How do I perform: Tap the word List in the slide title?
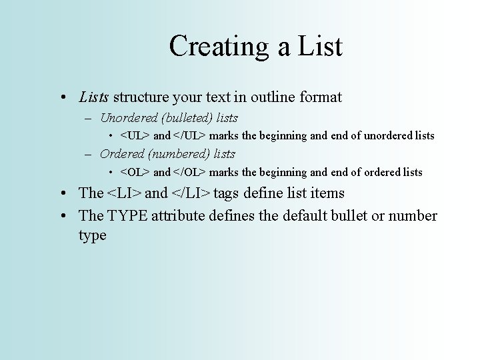317,47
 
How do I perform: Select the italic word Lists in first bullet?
93,97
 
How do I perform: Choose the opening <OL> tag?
135,173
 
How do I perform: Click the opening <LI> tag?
124,194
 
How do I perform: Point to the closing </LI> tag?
191,194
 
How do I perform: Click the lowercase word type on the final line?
92,236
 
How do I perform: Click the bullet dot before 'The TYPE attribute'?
61,217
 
